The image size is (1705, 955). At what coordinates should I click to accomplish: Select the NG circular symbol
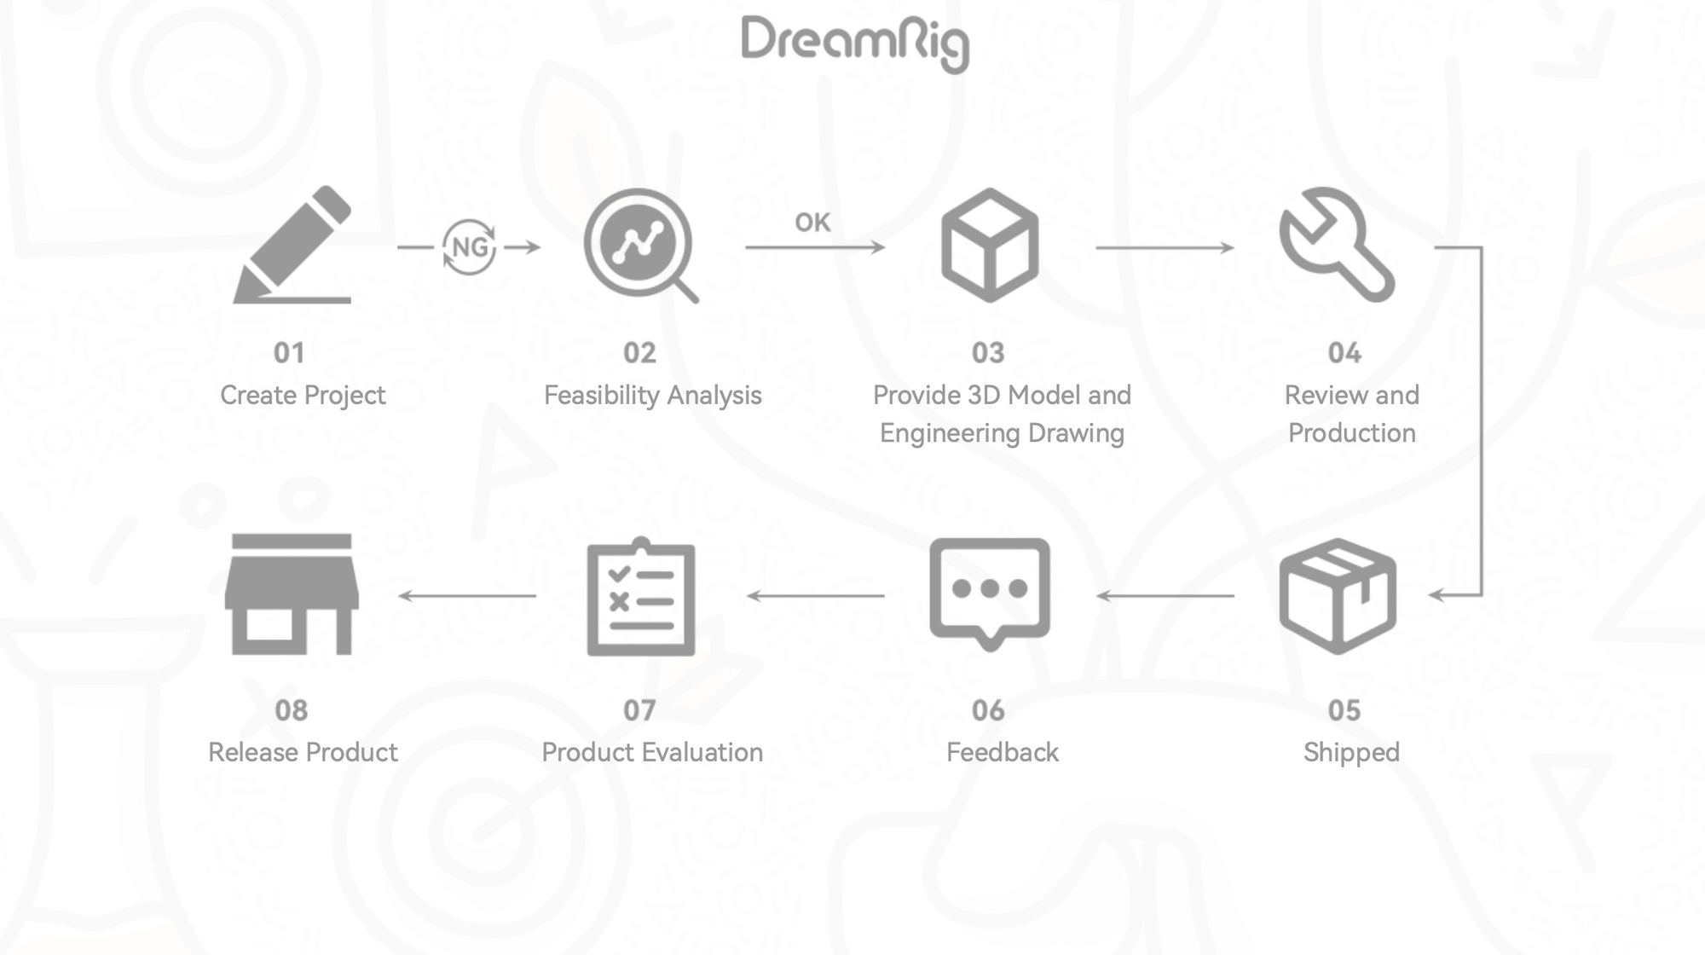(469, 247)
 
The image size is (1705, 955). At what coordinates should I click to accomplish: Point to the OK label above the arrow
(812, 223)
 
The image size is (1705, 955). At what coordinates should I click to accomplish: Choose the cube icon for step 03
(989, 246)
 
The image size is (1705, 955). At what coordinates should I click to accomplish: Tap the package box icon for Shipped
(1337, 596)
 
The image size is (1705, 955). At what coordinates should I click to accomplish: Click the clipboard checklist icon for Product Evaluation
(641, 597)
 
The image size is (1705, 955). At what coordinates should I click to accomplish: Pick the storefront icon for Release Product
(292, 595)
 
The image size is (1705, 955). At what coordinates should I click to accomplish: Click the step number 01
(289, 353)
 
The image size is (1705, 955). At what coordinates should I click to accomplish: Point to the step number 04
(1344, 353)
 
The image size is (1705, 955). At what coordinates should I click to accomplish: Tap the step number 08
(291, 710)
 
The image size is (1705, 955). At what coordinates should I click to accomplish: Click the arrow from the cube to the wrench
(1165, 247)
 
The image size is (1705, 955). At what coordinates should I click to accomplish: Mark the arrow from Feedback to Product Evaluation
(816, 595)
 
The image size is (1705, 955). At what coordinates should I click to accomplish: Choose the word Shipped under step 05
(1351, 752)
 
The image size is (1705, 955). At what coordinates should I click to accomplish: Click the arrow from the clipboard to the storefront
(467, 595)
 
